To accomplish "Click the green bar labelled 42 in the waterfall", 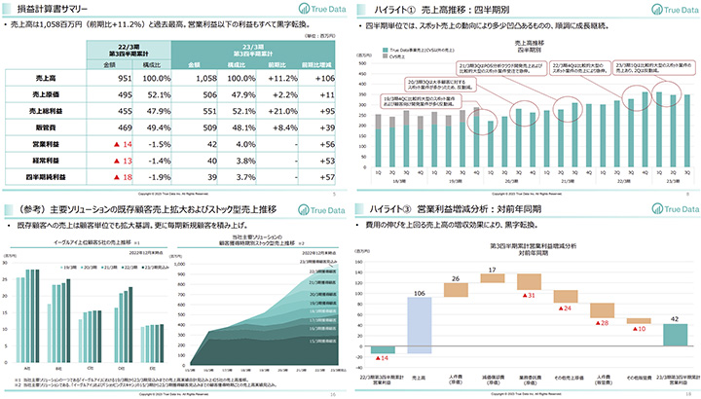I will tap(673, 334).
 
